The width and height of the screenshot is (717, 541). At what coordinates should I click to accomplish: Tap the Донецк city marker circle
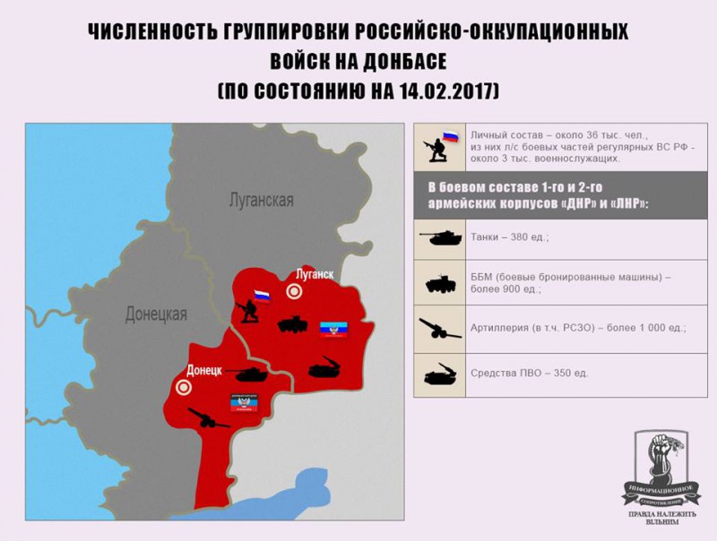point(184,387)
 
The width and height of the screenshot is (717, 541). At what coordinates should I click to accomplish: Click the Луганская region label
point(260,200)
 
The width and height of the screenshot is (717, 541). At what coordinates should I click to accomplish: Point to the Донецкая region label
point(156,313)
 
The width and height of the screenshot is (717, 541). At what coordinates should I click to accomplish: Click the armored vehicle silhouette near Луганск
point(292,323)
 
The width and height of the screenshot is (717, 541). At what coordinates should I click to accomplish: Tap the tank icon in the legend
point(439,236)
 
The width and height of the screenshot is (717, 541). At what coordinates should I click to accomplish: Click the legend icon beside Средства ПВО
point(439,373)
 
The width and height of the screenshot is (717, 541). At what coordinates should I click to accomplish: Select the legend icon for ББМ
point(439,283)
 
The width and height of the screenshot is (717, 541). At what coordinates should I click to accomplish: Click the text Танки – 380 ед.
point(509,238)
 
